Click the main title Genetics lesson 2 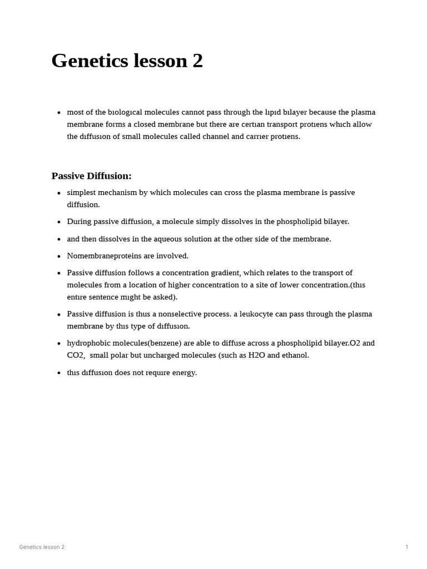pos(127,61)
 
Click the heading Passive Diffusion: pos(91,176)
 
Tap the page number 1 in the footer pos(407,547)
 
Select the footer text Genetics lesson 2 pos(42,547)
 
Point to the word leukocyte pos(256,314)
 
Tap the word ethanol pos(295,355)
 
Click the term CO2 pos(76,355)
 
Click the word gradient pos(225,273)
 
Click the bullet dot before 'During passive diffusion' pos(59,222)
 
